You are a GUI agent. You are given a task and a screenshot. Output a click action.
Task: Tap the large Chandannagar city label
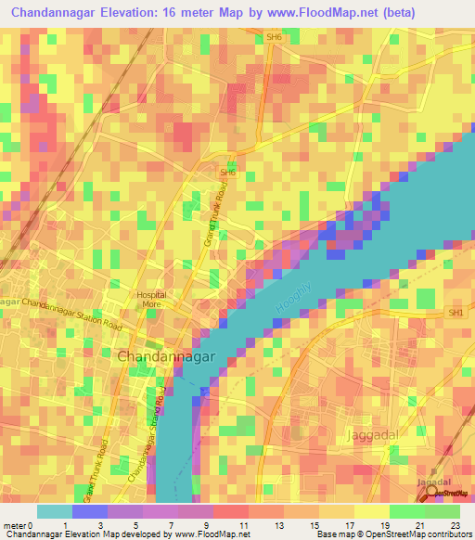pos(167,355)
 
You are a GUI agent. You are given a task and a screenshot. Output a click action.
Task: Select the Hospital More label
pos(152,298)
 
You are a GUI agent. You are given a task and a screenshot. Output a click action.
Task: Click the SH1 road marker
pos(456,315)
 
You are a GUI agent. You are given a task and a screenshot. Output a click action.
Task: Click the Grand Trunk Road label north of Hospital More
pos(215,213)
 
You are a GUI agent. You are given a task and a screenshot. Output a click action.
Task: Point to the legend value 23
pos(459,524)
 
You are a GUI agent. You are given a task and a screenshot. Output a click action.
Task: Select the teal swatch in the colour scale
pos(55,511)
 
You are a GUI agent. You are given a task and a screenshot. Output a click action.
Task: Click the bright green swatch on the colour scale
pos(406,511)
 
